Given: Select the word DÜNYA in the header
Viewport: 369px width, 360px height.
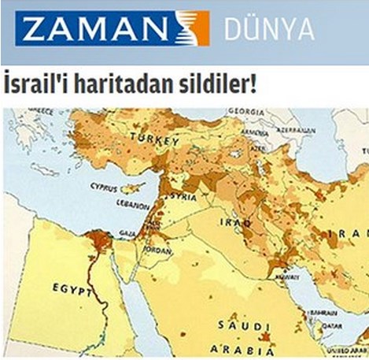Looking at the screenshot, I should (x=269, y=29).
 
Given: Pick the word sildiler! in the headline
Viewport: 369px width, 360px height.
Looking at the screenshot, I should (x=220, y=84).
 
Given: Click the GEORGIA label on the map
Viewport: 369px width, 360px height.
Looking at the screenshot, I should (x=250, y=112).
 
